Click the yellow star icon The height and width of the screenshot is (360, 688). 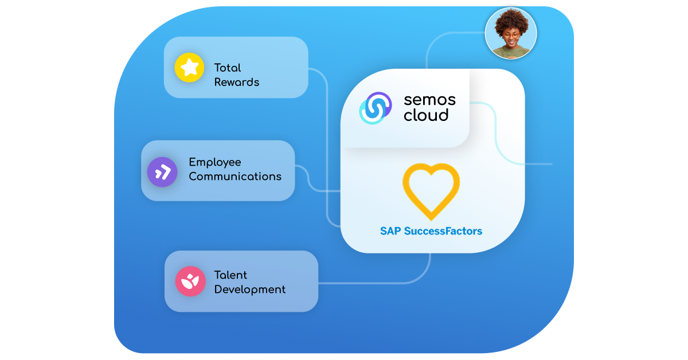190,68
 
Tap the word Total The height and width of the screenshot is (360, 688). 228,68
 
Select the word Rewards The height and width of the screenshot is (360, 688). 237,82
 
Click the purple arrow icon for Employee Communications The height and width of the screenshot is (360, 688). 162,171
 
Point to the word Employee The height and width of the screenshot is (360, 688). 215,162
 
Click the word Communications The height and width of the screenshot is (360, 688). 235,177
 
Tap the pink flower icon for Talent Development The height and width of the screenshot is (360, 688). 190,281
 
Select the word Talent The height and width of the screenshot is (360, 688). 230,275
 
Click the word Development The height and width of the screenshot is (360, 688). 250,289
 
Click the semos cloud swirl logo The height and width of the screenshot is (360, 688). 375,108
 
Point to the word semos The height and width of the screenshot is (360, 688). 429,100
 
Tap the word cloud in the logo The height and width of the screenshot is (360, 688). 426,115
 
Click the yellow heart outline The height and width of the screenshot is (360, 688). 431,191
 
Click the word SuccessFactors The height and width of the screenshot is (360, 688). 443,232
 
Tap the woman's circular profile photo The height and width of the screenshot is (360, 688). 510,33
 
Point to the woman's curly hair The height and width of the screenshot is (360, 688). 510,18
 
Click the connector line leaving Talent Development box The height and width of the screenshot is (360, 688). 373,283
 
